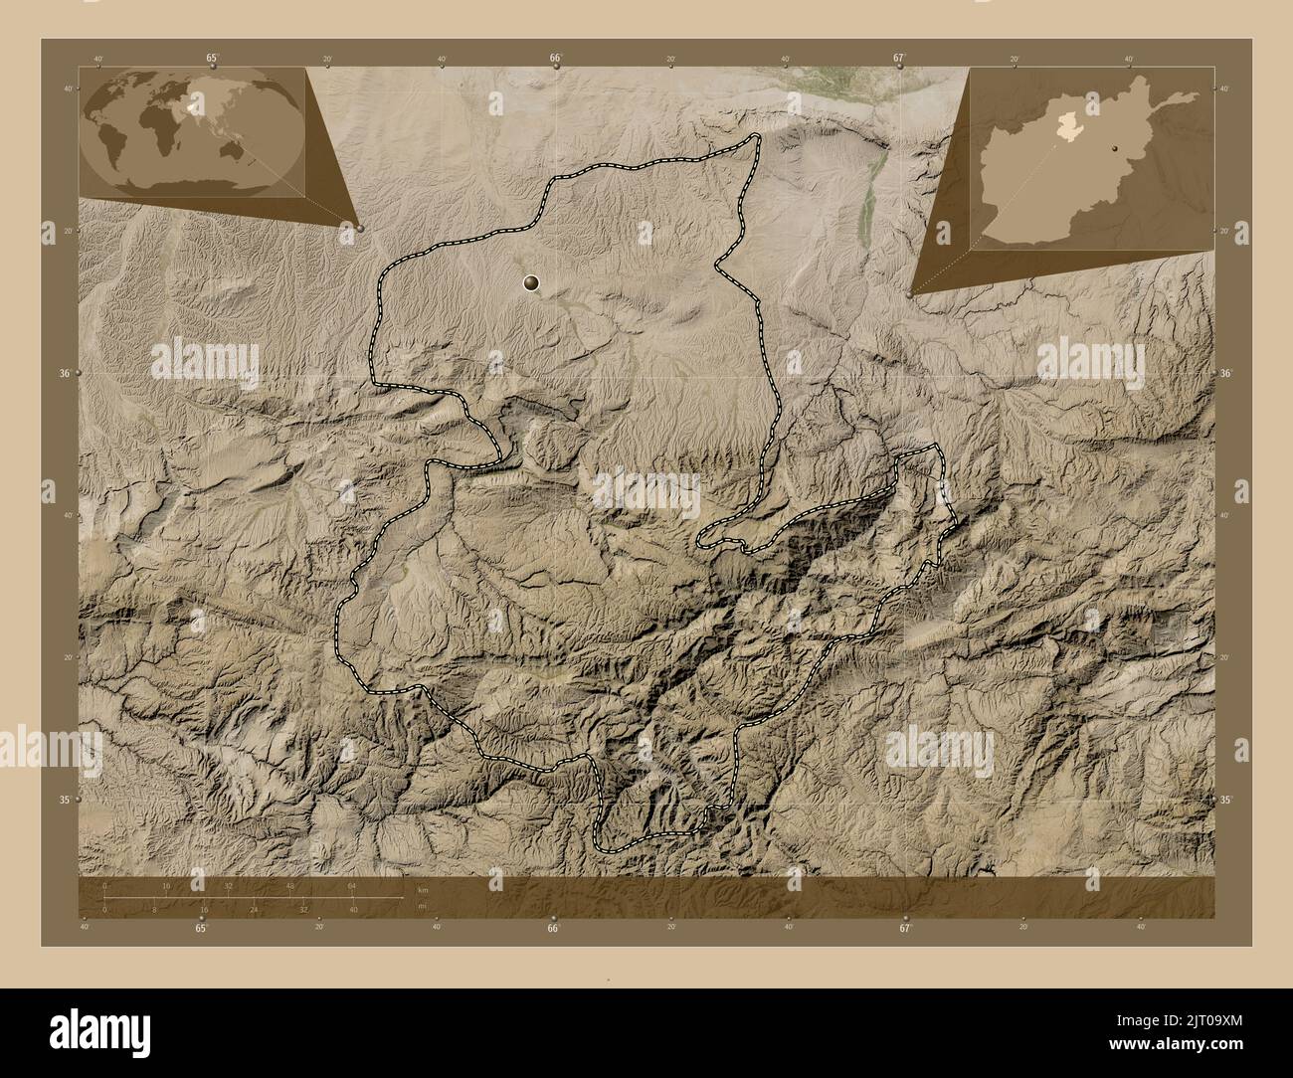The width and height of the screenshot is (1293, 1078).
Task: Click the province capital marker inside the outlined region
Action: (x=533, y=284)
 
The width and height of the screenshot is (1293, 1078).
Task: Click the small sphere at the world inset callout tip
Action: (x=359, y=229)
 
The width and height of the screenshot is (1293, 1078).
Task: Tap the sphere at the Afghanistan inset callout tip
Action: (x=911, y=294)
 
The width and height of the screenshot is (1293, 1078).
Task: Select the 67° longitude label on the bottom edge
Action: (x=904, y=928)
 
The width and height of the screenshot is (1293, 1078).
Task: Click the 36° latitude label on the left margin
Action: (x=66, y=374)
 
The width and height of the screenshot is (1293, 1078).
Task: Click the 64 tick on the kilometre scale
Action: (x=352, y=884)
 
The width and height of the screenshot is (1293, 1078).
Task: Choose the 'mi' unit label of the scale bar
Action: (x=422, y=905)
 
